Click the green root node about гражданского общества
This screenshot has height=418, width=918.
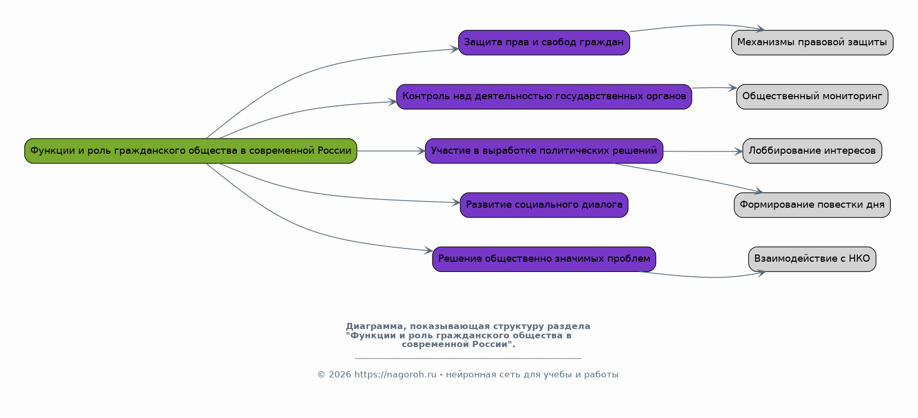(191, 151)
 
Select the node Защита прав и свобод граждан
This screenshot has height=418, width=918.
(544, 42)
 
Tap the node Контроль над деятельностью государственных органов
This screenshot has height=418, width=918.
(544, 97)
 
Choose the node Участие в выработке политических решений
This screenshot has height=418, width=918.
(544, 151)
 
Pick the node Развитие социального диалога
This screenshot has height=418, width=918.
(544, 205)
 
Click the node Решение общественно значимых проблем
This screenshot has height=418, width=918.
(544, 259)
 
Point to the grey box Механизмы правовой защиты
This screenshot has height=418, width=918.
(812, 42)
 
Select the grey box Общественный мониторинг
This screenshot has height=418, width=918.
(812, 97)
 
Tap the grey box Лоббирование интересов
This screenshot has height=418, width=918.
(812, 151)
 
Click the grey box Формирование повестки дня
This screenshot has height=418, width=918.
(812, 205)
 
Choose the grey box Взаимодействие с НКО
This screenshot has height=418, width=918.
(812, 259)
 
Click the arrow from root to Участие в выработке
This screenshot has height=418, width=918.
(390, 151)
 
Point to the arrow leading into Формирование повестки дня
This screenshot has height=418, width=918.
(688, 177)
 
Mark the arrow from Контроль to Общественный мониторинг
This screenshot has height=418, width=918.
(714, 88)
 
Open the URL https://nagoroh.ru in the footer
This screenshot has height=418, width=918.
(395, 375)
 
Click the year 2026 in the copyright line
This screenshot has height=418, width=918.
(340, 375)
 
